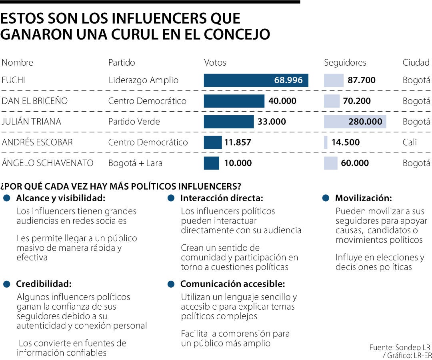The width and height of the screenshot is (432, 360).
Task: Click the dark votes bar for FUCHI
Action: pyautogui.click(x=256, y=80)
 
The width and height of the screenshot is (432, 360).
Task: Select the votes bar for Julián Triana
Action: pyautogui.click(x=229, y=122)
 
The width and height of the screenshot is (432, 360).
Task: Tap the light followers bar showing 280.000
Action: pyautogui.click(x=355, y=122)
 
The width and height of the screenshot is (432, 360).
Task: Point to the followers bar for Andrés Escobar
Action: pyautogui.click(x=326, y=142)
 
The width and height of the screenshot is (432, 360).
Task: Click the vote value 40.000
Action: pyautogui.click(x=282, y=101)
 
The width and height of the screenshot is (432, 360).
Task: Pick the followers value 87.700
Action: pyautogui.click(x=362, y=80)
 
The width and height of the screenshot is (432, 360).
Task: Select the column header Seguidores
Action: pyautogui.click(x=345, y=62)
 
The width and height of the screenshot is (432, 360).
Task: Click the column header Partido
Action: pyautogui.click(x=122, y=62)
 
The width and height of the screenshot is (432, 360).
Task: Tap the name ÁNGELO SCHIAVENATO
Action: pyautogui.click(x=48, y=163)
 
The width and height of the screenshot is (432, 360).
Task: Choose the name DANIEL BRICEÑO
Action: pyautogui.click(x=35, y=101)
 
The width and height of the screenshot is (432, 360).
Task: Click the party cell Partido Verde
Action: pyautogui.click(x=134, y=122)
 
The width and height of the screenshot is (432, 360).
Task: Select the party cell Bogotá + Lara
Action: pyautogui.click(x=135, y=163)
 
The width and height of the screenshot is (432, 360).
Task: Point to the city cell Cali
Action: pyautogui.click(x=410, y=142)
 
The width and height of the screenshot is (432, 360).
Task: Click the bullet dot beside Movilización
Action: pyautogui.click(x=326, y=198)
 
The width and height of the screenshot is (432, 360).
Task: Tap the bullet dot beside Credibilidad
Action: pyautogui.click(x=6, y=284)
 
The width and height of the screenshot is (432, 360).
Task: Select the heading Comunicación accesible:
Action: pyautogui.click(x=232, y=284)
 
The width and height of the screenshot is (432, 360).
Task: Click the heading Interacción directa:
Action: pyautogui.click(x=222, y=198)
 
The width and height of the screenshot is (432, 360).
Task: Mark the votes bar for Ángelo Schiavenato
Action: pyautogui.click(x=212, y=163)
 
